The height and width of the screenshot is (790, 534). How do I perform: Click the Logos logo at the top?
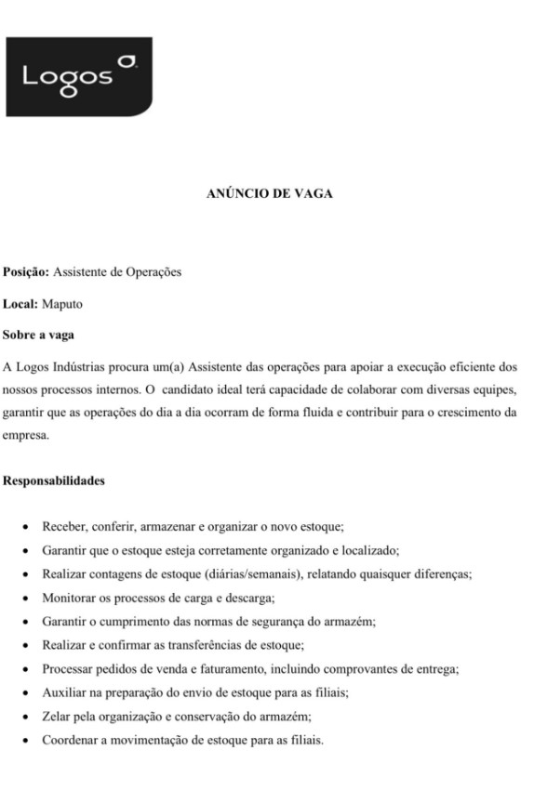click(78, 76)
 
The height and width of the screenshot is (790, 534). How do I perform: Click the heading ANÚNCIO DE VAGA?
click(269, 194)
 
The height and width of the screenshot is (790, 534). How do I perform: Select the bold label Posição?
click(26, 272)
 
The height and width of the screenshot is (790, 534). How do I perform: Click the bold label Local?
click(20, 304)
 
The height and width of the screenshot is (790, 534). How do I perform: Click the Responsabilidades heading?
click(54, 481)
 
